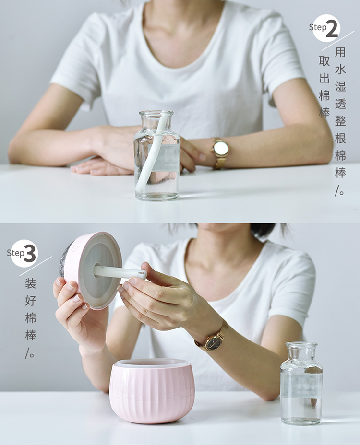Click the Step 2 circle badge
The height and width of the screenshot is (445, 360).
[x=326, y=28]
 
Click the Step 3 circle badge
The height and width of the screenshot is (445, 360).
[x=24, y=254]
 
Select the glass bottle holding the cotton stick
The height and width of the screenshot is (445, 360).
[x=156, y=155]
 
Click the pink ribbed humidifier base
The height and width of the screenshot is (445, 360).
[x=152, y=391]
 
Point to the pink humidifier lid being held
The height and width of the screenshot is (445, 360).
[x=91, y=269]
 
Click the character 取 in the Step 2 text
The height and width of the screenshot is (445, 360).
[x=324, y=61]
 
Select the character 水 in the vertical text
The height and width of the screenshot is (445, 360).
[x=340, y=69]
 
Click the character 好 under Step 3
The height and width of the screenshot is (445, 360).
[x=30, y=301]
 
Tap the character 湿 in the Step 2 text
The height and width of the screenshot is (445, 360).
[x=340, y=86]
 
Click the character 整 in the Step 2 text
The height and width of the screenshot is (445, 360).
[x=340, y=121]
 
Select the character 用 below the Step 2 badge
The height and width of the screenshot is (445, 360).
[x=340, y=52]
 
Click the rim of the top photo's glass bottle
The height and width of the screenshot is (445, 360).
[x=156, y=114]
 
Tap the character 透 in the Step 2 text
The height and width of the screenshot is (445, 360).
[x=340, y=104]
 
